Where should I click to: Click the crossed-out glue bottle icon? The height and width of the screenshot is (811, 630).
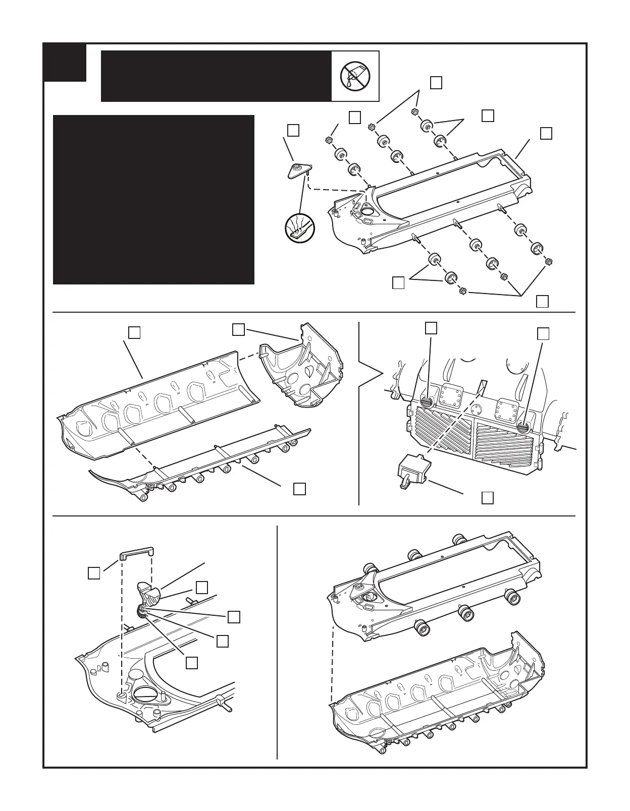point(355,76)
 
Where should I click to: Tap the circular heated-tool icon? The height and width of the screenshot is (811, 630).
point(299,228)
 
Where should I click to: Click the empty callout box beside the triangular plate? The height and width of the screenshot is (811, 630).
point(293,130)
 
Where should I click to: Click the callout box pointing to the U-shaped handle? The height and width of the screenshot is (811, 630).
point(94,573)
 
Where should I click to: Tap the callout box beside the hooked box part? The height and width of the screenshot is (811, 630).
point(487,498)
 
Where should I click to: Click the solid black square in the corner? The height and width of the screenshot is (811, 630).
point(65,62)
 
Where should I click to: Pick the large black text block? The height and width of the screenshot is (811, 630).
point(153,200)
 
